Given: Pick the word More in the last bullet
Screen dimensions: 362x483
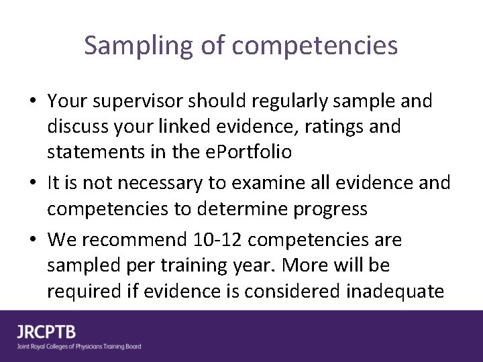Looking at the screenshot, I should coord(308,265).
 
